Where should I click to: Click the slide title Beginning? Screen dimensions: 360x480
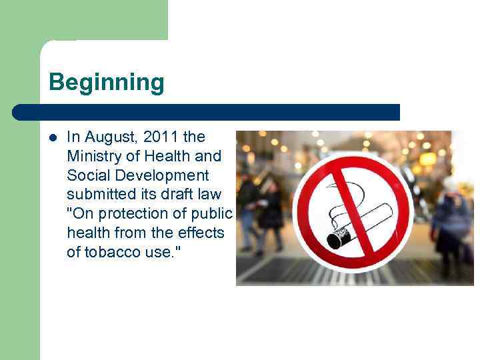click(106, 83)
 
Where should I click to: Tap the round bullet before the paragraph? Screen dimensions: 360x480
click(53, 137)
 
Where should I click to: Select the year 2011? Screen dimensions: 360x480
click(160, 137)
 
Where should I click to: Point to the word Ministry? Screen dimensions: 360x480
click(92, 157)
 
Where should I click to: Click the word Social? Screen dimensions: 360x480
click(87, 175)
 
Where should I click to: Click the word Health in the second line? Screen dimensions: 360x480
click(157, 157)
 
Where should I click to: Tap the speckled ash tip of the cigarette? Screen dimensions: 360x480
click(339, 237)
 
